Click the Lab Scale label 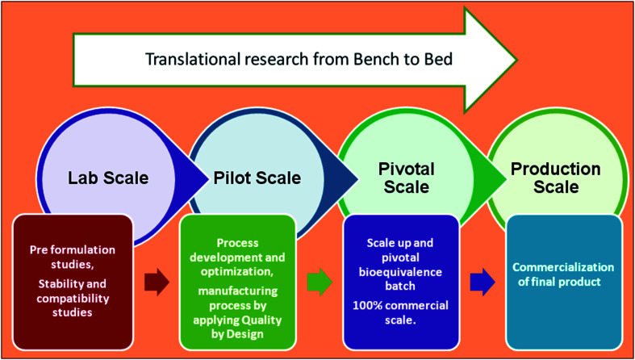(x=108, y=178)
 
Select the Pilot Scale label (x=257, y=178)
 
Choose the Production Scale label (x=556, y=178)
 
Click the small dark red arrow (x=157, y=282)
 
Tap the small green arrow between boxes (x=320, y=279)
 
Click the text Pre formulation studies (x=73, y=256)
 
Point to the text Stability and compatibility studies (x=73, y=298)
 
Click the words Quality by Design (x=237, y=326)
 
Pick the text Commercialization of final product (x=564, y=275)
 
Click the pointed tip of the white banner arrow (x=516, y=60)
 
